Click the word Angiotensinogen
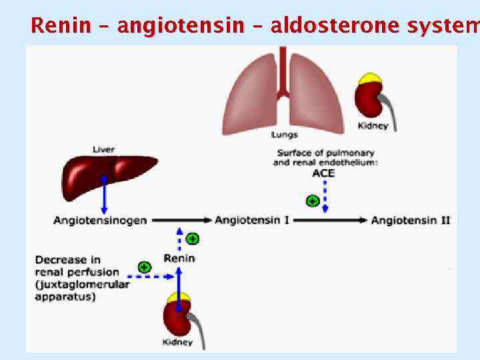(100, 220)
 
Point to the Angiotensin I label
(251, 220)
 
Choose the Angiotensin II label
(410, 220)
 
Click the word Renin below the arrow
(179, 258)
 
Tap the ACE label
(323, 173)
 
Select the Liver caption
(103, 149)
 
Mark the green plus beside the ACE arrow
(311, 200)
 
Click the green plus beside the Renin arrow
(193, 238)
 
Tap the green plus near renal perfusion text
(144, 267)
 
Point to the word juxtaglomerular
(83, 284)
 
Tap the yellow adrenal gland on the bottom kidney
(179, 297)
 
